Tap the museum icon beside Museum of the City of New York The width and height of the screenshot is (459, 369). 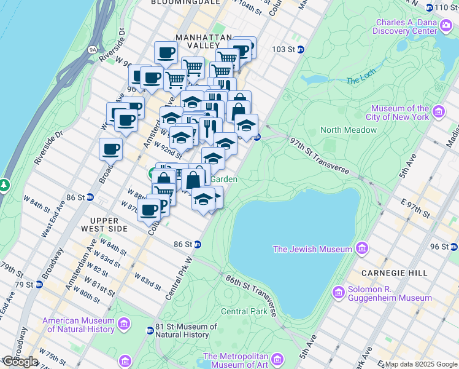(x=438, y=112)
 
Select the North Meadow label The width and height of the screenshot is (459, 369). (x=348, y=130)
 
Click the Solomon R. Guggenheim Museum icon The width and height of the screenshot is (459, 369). (x=337, y=292)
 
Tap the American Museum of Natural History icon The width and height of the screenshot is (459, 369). (x=124, y=323)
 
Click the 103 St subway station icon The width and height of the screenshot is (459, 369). (x=300, y=49)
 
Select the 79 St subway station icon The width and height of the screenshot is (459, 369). (x=39, y=285)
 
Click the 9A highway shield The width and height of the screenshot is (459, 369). (x=93, y=49)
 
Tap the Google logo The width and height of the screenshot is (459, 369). (x=20, y=362)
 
